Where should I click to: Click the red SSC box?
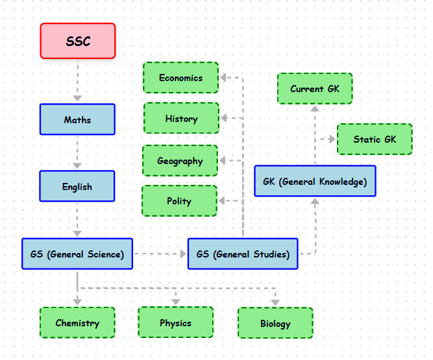point(78,41)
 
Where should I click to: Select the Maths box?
point(77,119)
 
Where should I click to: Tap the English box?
point(77,186)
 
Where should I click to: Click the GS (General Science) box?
point(77,254)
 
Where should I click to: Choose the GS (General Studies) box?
point(243,254)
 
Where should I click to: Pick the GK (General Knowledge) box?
point(315,181)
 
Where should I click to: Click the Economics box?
point(180,78)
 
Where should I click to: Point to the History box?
point(181,119)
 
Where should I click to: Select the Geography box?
point(180,161)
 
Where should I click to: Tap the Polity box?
point(179,201)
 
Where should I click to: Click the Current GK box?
point(315,88)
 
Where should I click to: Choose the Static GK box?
point(375,139)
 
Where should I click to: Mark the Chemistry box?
point(77,323)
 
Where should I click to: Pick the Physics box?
point(175,322)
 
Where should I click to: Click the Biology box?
point(275,323)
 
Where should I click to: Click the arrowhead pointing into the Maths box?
point(77,98)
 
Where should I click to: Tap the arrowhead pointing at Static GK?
point(332,139)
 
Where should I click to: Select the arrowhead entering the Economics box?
point(223,77)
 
